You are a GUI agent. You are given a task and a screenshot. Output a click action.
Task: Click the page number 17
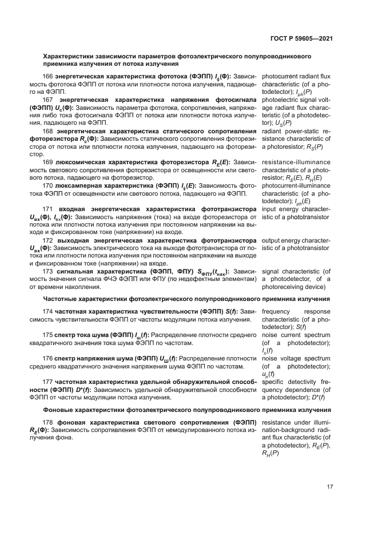tap(330, 487)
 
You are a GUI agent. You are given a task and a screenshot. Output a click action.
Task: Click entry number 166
tap(49, 77)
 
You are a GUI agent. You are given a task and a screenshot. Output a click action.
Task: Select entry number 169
tap(49, 163)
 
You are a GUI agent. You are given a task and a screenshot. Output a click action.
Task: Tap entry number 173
tap(49, 271)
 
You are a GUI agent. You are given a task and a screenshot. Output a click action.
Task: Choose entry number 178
tap(49, 423)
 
